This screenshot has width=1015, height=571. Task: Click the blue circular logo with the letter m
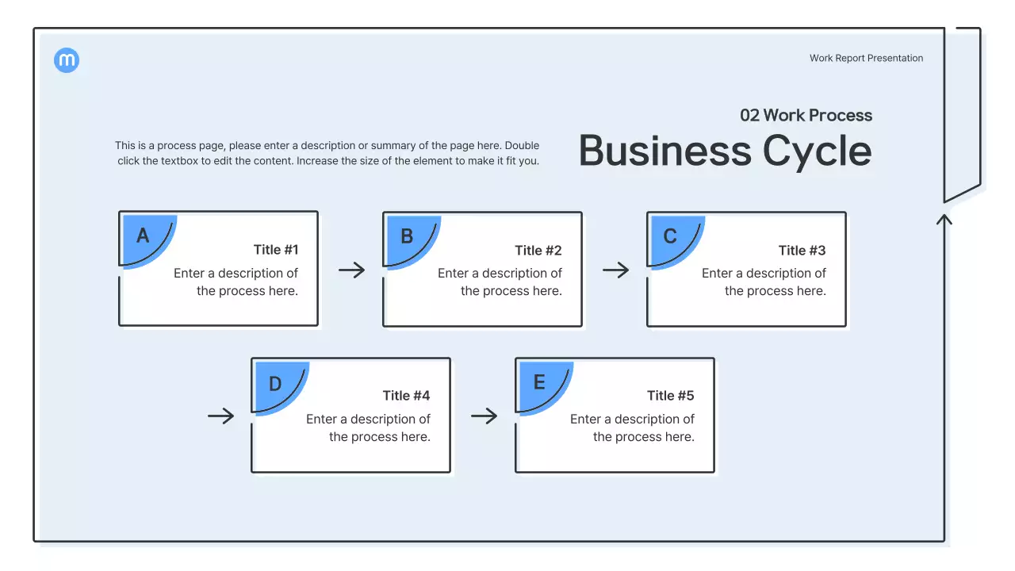click(67, 60)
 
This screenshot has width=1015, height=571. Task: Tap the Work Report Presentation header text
click(866, 58)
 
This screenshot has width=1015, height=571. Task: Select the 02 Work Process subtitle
click(806, 115)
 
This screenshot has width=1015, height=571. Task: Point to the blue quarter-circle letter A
click(144, 236)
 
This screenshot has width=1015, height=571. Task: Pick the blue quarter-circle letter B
click(407, 236)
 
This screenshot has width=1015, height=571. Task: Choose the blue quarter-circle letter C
click(670, 236)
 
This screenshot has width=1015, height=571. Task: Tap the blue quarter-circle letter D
click(275, 385)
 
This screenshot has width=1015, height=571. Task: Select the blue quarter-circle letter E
click(539, 383)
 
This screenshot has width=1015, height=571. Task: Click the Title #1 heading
click(276, 250)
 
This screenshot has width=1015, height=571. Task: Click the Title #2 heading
click(538, 251)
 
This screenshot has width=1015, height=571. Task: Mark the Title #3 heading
click(802, 251)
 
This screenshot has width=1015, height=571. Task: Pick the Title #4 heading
click(406, 396)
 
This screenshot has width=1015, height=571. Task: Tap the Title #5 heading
click(670, 396)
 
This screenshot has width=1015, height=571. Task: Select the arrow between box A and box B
click(351, 270)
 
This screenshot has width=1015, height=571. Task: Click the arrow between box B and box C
click(615, 270)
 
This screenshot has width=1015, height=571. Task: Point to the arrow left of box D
click(221, 416)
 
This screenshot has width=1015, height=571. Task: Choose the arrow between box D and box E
click(484, 416)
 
